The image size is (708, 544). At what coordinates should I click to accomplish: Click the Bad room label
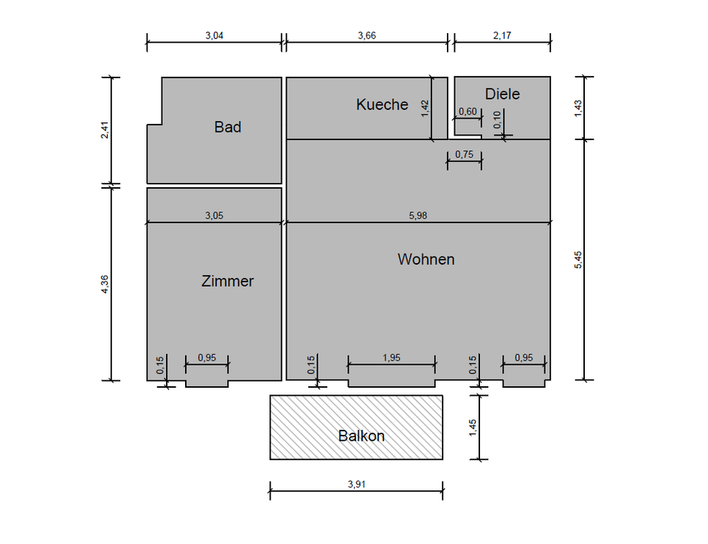tap(227, 127)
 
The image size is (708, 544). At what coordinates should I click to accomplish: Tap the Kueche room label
tap(382, 104)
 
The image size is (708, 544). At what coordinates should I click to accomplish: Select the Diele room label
tap(502, 94)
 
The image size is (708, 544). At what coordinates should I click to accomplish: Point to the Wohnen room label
tap(426, 259)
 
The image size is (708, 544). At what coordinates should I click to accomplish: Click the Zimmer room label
tap(227, 281)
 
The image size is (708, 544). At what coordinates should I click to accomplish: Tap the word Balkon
tap(361, 436)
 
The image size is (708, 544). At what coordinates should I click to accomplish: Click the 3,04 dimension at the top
tap(214, 35)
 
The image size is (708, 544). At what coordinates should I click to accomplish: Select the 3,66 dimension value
tap(367, 35)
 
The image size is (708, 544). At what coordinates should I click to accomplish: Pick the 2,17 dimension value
tap(502, 35)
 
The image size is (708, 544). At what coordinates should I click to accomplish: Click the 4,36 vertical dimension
tap(105, 284)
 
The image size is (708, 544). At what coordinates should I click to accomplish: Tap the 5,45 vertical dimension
tap(578, 259)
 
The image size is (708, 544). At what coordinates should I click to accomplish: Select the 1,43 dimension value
tap(578, 108)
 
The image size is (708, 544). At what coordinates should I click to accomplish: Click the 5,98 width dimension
tap(418, 216)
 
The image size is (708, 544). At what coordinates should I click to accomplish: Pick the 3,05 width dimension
tap(214, 216)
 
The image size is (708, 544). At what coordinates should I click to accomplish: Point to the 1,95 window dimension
tap(392, 358)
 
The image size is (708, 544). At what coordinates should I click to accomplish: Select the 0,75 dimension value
tap(465, 154)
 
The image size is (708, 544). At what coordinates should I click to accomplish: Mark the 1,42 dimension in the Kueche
tap(424, 108)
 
